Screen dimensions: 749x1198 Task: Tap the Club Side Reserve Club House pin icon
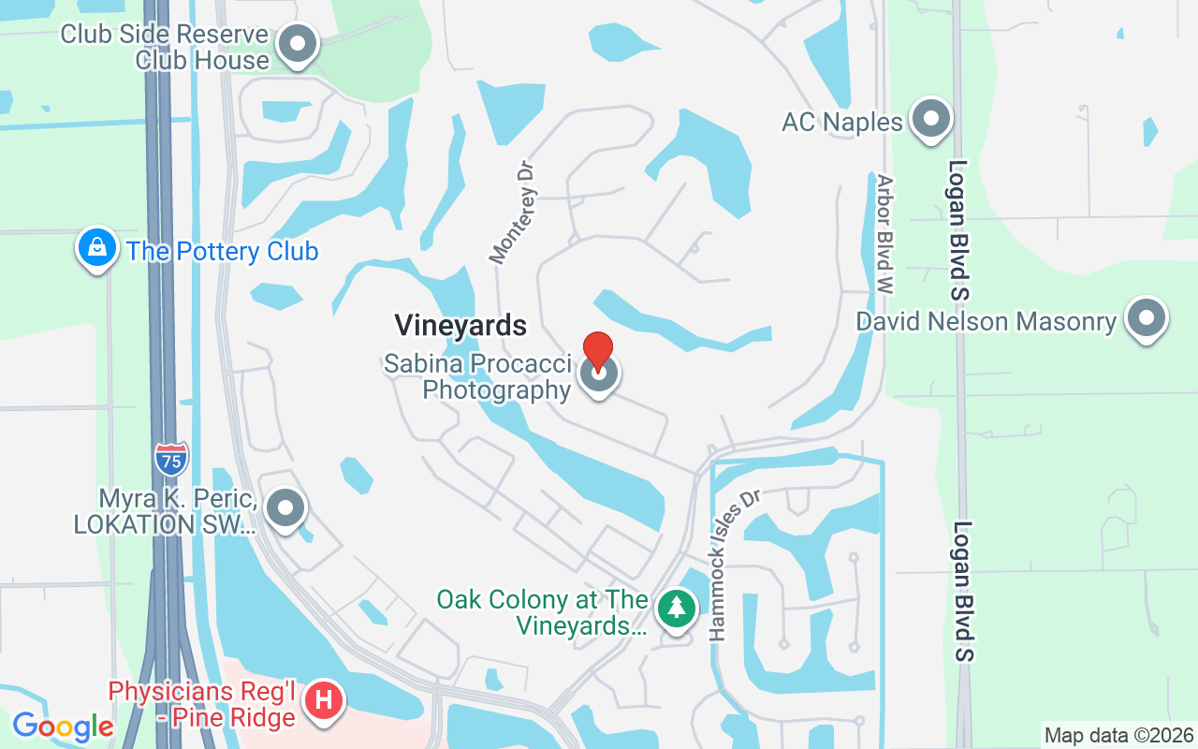click(x=299, y=43)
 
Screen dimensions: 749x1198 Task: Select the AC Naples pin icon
click(x=930, y=119)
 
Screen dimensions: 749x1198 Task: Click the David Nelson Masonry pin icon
click(x=1146, y=318)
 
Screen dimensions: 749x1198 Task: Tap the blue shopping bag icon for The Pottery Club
click(x=97, y=248)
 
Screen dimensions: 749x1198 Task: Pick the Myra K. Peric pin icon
click(x=285, y=509)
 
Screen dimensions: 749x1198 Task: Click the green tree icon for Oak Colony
click(x=676, y=609)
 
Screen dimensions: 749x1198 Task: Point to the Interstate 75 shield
click(x=171, y=459)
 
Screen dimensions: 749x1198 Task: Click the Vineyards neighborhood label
click(x=460, y=326)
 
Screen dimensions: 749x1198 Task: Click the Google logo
click(x=63, y=727)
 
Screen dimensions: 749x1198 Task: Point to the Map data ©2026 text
click(x=1118, y=735)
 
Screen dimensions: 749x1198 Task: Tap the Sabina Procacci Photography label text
click(x=477, y=376)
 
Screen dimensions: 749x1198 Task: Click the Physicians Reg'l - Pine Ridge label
click(x=202, y=704)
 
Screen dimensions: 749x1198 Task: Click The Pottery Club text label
click(x=223, y=252)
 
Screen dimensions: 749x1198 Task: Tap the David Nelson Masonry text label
click(x=986, y=322)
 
